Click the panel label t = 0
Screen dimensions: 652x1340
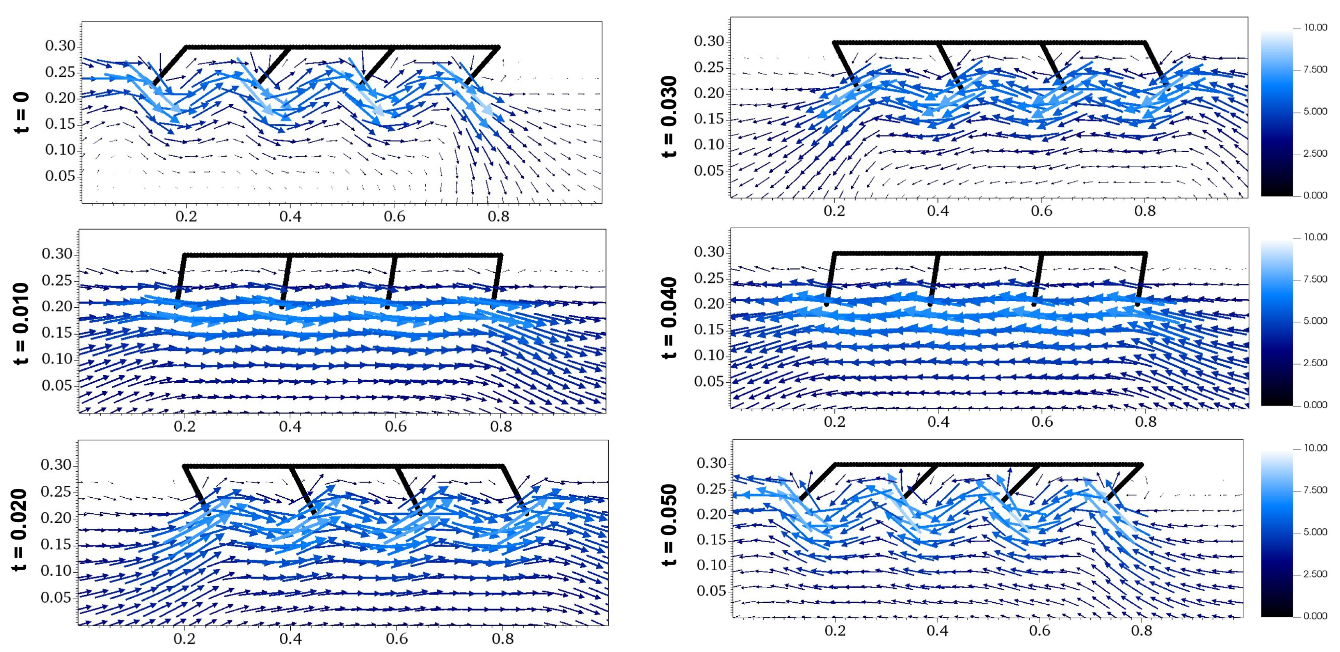22,113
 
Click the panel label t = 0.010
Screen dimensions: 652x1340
21,323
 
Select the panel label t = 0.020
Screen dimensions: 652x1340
20,530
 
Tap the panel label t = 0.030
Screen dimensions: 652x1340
670,117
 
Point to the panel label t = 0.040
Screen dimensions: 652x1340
670,318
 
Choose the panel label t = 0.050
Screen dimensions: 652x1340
670,525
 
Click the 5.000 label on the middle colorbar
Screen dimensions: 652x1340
1316,321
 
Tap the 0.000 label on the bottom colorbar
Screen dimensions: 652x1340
1316,616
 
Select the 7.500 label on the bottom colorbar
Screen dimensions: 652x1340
1316,490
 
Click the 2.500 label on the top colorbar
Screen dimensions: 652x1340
1316,153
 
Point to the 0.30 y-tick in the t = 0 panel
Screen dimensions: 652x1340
60,46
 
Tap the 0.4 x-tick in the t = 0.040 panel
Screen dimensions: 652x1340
938,421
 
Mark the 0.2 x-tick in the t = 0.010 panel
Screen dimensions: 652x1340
185,426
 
